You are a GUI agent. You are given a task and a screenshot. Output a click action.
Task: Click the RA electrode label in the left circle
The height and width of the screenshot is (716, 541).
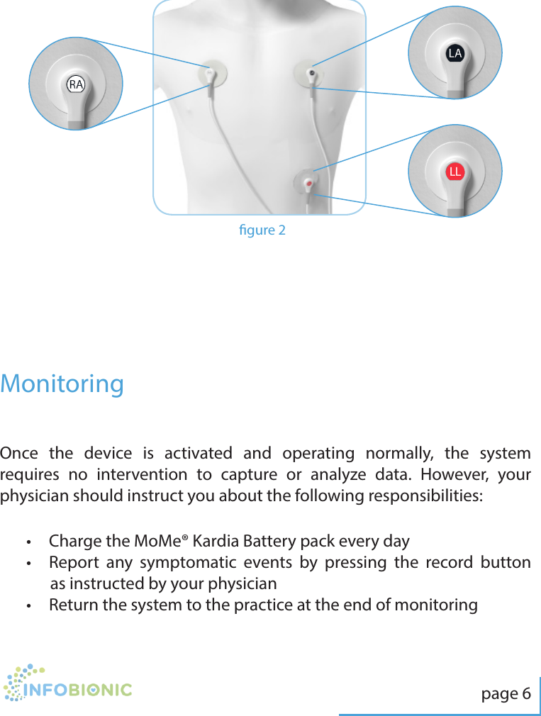75,84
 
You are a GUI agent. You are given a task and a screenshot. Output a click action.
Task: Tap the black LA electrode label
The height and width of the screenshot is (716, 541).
454,53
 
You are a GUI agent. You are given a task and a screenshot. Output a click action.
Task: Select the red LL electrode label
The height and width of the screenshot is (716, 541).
454,172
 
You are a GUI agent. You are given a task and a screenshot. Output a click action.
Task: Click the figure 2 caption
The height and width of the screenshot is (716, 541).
262,230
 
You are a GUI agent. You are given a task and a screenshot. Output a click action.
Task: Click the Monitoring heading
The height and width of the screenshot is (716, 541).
62,384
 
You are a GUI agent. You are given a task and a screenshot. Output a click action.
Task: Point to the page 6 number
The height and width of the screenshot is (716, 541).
506,693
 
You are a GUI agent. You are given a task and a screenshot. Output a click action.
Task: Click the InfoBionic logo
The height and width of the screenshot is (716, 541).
67,683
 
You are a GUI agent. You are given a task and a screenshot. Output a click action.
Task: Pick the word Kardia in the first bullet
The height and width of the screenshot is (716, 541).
216,542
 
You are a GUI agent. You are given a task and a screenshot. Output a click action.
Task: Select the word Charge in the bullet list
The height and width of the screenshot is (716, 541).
74,542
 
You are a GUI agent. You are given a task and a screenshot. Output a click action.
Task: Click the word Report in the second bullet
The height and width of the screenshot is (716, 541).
73,563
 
